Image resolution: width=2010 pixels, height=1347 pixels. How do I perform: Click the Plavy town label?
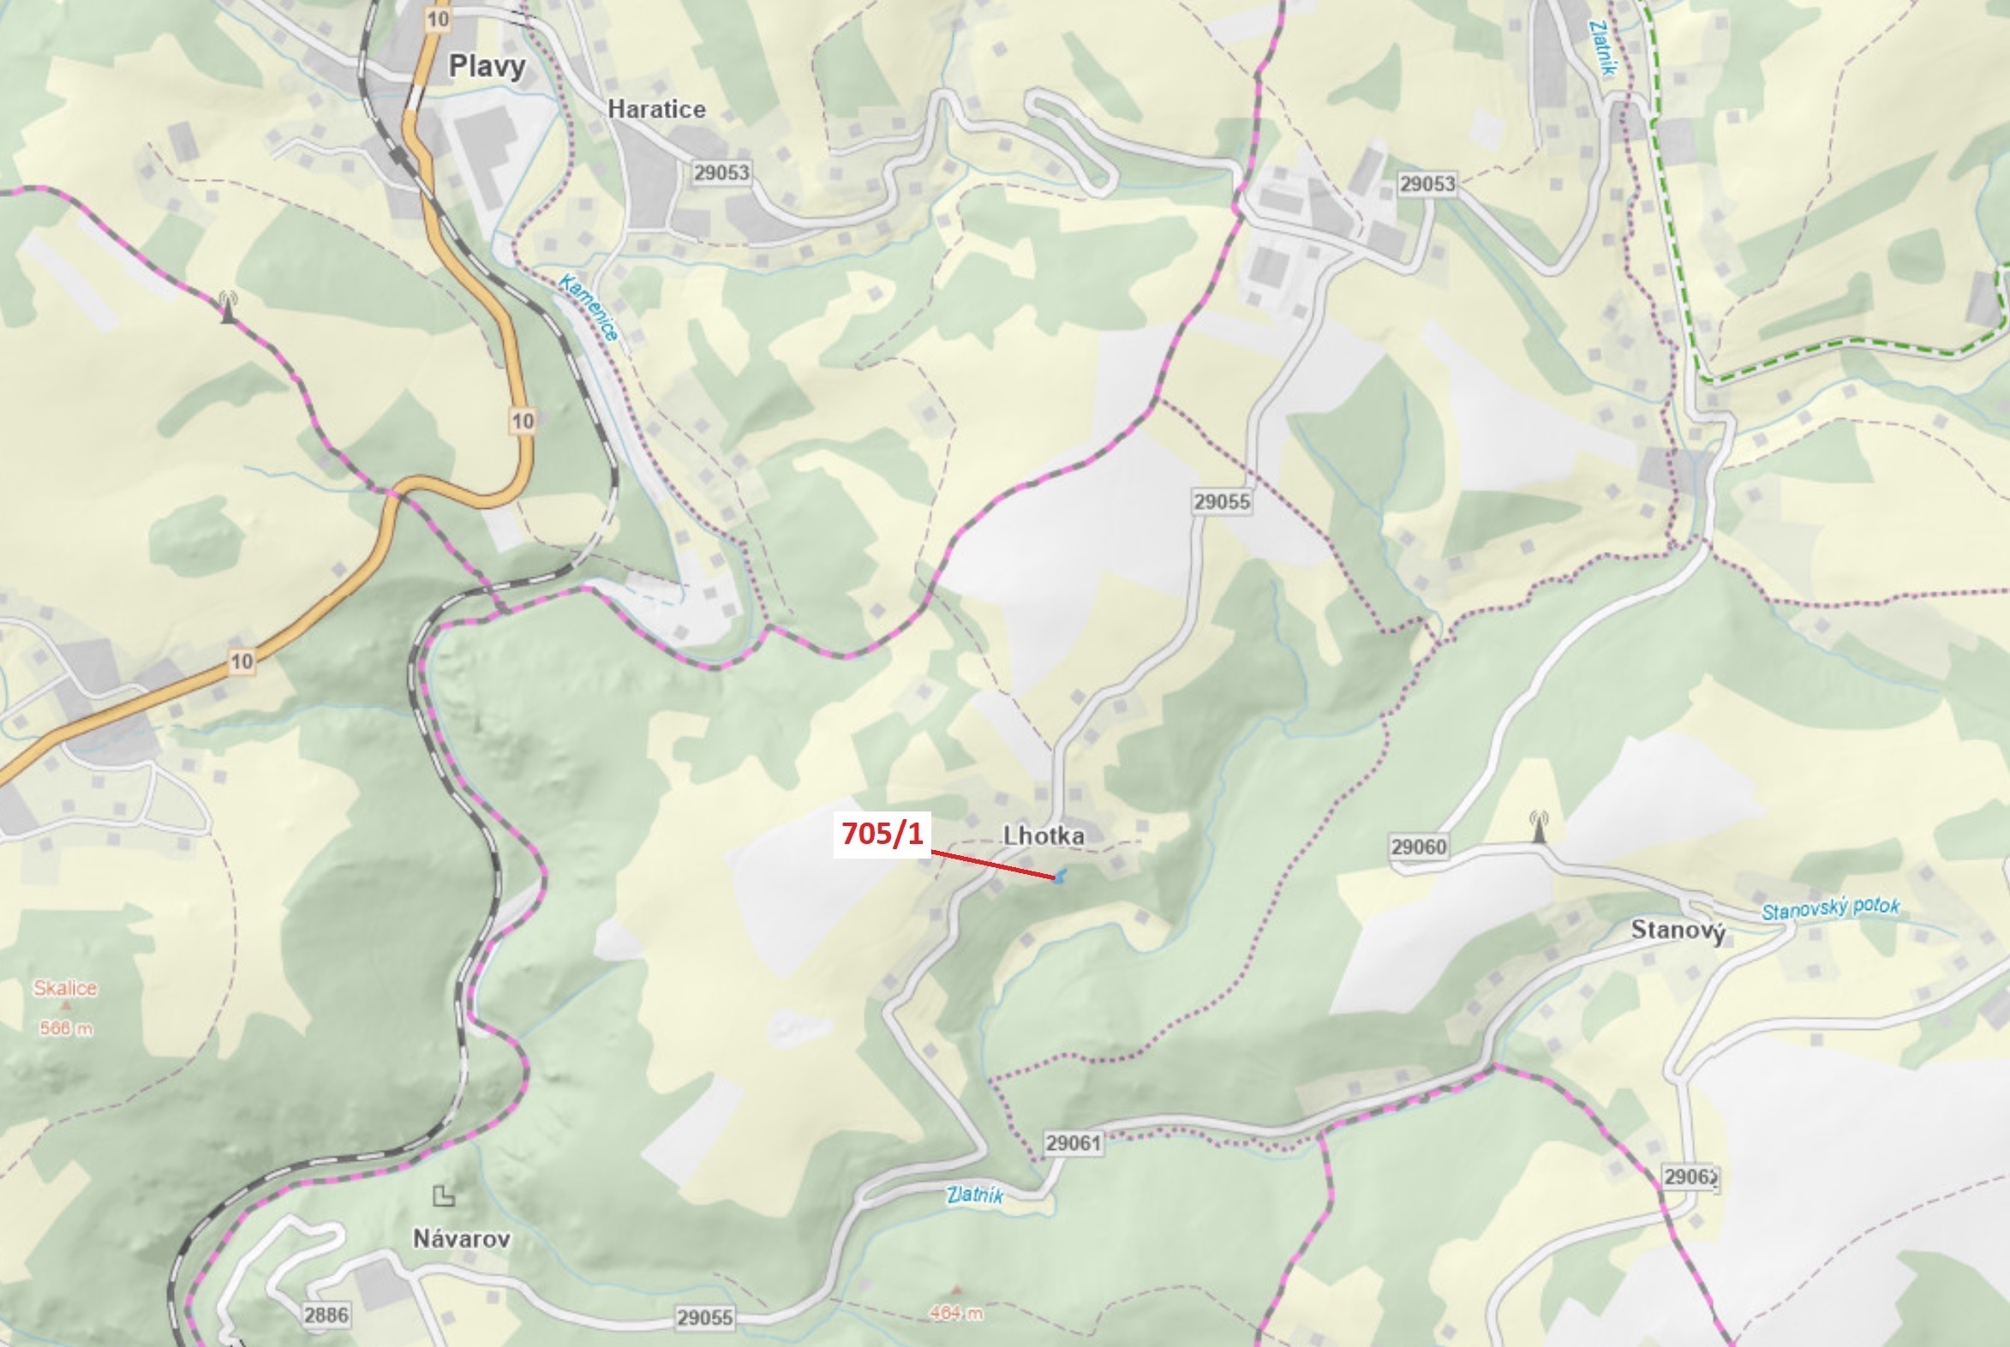click(x=487, y=66)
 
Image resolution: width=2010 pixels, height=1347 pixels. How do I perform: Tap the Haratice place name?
click(x=656, y=109)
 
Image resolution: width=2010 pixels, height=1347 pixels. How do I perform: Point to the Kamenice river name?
click(x=589, y=307)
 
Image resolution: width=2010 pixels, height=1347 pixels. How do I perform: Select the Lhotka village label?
click(x=1043, y=835)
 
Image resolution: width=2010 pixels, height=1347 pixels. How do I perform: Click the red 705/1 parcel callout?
click(x=882, y=833)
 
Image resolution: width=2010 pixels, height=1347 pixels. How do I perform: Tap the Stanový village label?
click(x=1678, y=930)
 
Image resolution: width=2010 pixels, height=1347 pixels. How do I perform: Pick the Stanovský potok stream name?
click(x=1830, y=909)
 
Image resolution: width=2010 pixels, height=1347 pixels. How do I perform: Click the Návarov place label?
click(x=461, y=1238)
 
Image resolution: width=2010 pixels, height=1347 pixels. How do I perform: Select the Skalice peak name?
click(x=65, y=988)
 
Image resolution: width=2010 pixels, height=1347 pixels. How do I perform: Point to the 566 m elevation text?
click(x=65, y=1028)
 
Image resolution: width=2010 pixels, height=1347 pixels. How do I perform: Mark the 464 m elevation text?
click(x=956, y=1313)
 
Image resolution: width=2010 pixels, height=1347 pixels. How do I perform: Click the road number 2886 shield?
click(x=326, y=1314)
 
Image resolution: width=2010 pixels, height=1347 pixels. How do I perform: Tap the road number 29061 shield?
click(x=1073, y=1142)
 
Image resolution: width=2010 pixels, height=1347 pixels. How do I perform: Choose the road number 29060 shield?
click(x=1418, y=847)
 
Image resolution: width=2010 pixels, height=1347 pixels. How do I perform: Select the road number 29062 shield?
click(x=1690, y=1176)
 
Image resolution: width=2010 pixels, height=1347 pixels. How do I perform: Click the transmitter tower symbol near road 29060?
click(x=1539, y=827)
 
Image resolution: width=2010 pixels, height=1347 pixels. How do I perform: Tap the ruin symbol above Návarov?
click(x=443, y=1195)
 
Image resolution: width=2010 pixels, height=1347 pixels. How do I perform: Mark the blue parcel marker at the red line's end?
click(x=1061, y=877)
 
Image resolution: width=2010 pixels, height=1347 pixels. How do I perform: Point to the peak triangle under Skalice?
click(x=65, y=1006)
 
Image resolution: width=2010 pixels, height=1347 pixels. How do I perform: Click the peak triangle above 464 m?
click(x=956, y=1290)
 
